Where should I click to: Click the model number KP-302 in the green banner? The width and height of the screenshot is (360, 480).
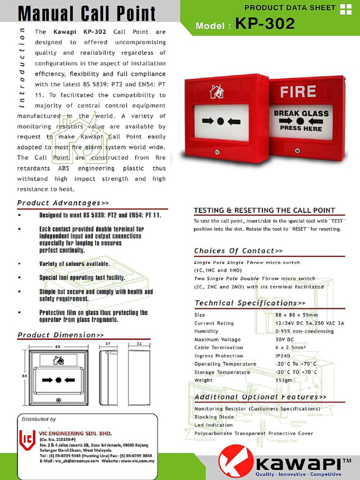[x=265, y=24]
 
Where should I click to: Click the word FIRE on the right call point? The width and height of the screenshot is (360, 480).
[x=298, y=91]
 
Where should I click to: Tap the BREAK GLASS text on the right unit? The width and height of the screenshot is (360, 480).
[x=301, y=113]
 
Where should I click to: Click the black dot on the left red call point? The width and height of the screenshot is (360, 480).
[x=221, y=121]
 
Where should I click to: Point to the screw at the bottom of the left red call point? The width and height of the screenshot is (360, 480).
[x=217, y=152]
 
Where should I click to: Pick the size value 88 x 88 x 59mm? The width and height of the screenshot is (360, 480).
[x=297, y=315]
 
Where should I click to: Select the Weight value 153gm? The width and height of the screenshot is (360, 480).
[x=284, y=380]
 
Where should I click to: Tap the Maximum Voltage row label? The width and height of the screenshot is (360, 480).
[x=217, y=339]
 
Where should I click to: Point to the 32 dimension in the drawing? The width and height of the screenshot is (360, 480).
[x=139, y=344]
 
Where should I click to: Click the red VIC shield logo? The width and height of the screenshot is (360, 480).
[x=27, y=439]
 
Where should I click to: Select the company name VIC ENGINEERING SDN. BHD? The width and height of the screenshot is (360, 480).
[x=75, y=433]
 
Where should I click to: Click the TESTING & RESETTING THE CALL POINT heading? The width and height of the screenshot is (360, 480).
[x=264, y=210]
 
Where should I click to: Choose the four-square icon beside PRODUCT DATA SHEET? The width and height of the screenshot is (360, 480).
[x=345, y=9]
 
